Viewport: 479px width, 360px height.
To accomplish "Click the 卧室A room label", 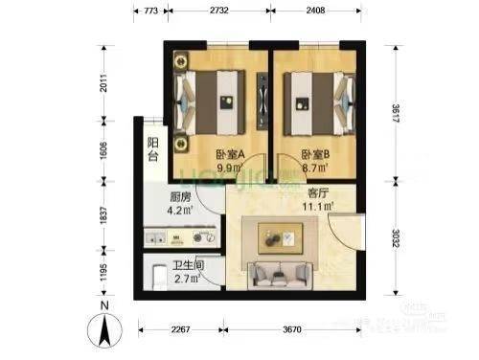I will click(x=228, y=153).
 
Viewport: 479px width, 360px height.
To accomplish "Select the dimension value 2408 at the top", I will click(x=322, y=11).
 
